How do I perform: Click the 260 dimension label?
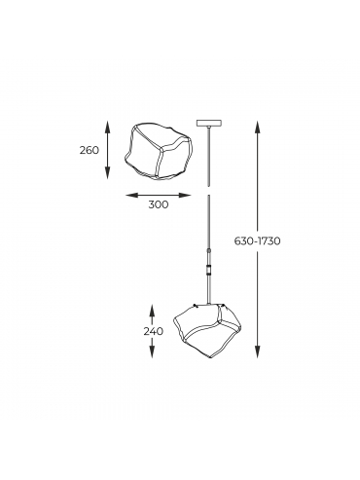point(90,150)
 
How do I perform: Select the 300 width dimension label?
point(159,204)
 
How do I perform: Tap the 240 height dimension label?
point(154,332)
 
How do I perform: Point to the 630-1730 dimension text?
point(257,241)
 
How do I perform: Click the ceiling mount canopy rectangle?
point(209,123)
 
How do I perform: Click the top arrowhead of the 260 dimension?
point(108,127)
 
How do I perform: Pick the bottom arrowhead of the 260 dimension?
point(108,172)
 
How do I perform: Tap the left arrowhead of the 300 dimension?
point(131,195)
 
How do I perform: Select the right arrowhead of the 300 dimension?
point(185,195)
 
